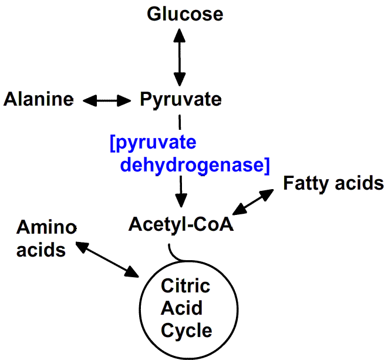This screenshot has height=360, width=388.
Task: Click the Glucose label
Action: (x=185, y=14)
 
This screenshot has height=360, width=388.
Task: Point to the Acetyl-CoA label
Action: (x=181, y=224)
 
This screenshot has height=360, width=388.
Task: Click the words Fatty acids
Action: (x=333, y=183)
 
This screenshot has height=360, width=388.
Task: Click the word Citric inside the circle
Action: (x=185, y=287)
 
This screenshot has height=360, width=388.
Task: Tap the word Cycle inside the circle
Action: (x=186, y=330)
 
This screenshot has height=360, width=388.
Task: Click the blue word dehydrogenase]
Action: (x=194, y=165)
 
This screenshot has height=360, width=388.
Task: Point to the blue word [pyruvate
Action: (x=153, y=144)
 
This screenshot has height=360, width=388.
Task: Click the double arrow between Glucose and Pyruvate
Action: (x=179, y=56)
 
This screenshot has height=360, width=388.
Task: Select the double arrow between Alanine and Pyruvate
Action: (x=107, y=100)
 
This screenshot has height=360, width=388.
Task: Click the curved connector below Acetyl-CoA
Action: (x=176, y=253)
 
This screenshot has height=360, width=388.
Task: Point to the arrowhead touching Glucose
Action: (x=179, y=33)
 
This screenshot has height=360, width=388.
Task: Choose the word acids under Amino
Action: (x=41, y=250)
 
